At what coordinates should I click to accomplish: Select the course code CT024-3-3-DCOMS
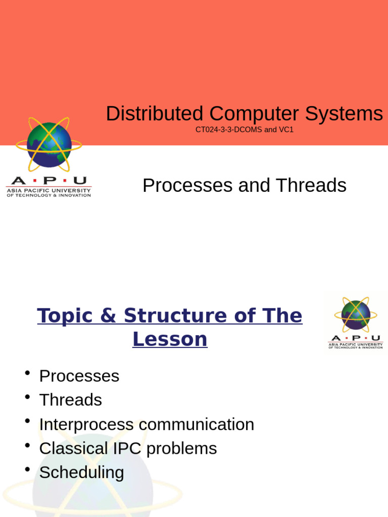(x=228, y=130)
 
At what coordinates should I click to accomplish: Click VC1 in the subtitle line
(x=286, y=130)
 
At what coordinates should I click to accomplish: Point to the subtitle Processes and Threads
(x=244, y=186)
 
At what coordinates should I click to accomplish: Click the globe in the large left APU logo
(x=49, y=145)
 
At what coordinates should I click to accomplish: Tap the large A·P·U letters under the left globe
(x=48, y=181)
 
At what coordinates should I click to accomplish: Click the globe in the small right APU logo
(x=356, y=315)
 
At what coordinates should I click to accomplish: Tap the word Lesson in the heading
(x=170, y=339)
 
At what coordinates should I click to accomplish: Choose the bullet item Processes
(x=79, y=376)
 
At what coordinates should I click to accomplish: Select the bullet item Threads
(x=71, y=400)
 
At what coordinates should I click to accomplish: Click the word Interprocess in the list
(x=86, y=425)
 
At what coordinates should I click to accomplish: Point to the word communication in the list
(x=196, y=425)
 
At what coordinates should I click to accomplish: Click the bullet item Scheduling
(x=81, y=473)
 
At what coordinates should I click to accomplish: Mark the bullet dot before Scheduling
(x=27, y=470)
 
